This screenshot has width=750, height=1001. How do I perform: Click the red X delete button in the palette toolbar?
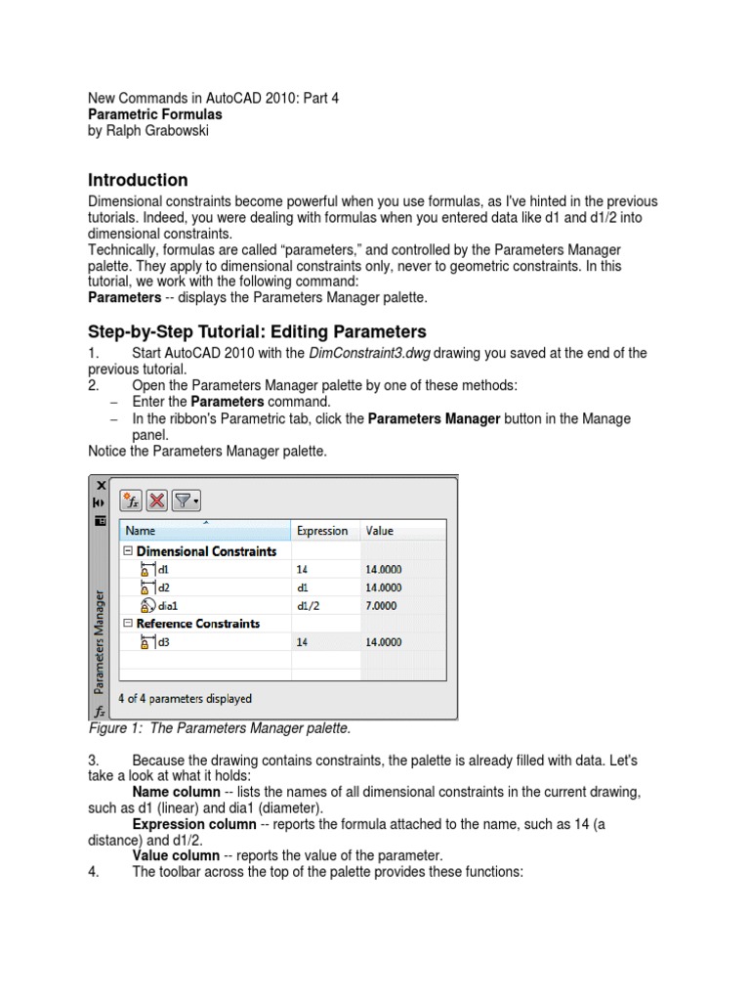pyautogui.click(x=156, y=500)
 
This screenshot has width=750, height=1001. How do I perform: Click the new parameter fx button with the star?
pyautogui.click(x=131, y=500)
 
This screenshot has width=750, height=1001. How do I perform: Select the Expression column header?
pyautogui.click(x=321, y=531)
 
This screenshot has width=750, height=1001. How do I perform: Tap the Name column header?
pyautogui.click(x=141, y=531)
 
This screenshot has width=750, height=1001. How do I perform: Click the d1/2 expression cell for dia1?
pyautogui.click(x=308, y=605)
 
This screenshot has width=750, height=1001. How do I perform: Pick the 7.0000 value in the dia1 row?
pyautogui.click(x=383, y=605)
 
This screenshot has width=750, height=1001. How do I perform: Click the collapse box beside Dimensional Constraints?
pyautogui.click(x=127, y=551)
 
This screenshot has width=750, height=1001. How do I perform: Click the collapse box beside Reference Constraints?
pyautogui.click(x=127, y=624)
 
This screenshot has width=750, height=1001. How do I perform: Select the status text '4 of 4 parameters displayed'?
pyautogui.click(x=185, y=699)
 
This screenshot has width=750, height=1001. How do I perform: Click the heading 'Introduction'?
pyautogui.click(x=138, y=180)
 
